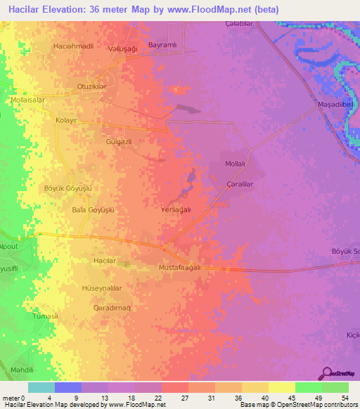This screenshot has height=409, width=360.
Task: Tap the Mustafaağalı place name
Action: click(x=181, y=268)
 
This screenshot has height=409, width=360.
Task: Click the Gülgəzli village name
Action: click(x=119, y=141)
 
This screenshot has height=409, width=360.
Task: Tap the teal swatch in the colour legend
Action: click(x=41, y=387)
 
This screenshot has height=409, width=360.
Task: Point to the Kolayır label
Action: click(x=65, y=120)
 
